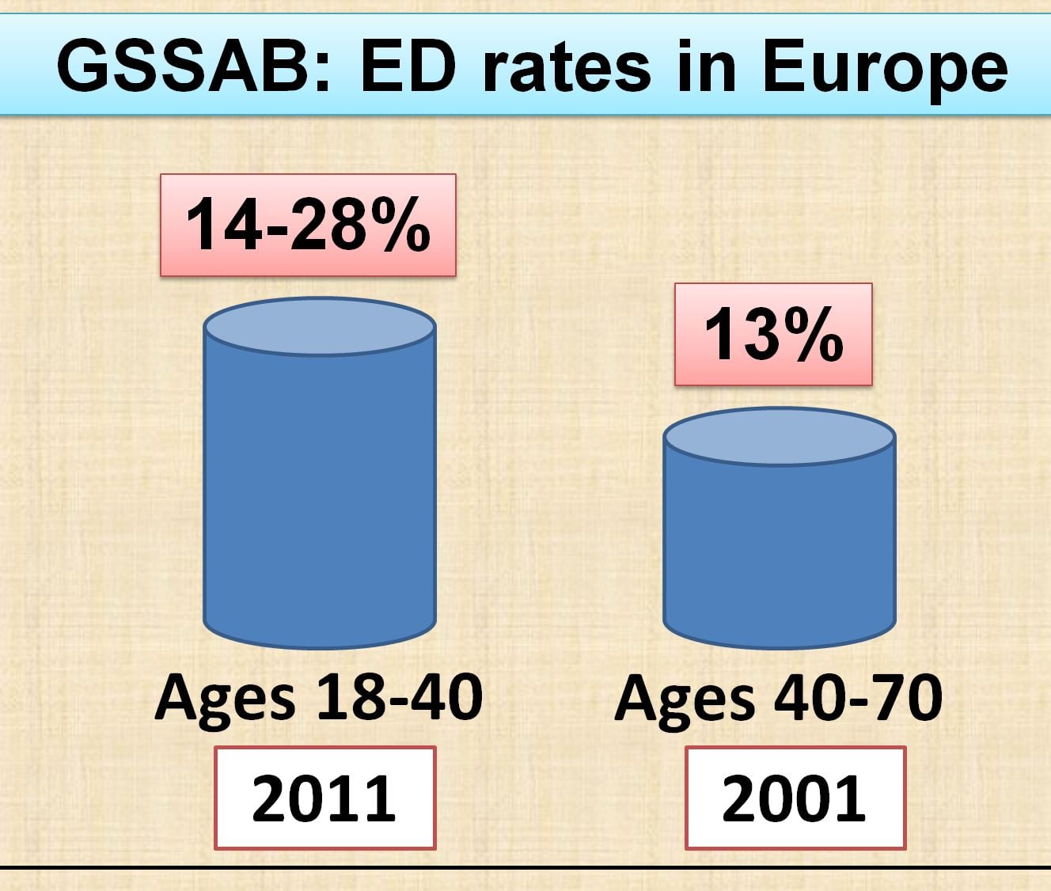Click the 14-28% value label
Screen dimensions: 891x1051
308,226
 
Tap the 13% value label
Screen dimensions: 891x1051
773,335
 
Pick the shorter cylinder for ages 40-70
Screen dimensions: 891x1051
780,554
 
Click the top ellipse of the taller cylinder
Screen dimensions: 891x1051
320,326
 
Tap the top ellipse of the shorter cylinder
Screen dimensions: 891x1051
780,437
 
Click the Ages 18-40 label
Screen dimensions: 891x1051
318,698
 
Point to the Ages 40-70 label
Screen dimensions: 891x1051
778,698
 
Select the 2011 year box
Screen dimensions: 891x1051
324,798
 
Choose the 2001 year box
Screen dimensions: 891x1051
795,798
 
